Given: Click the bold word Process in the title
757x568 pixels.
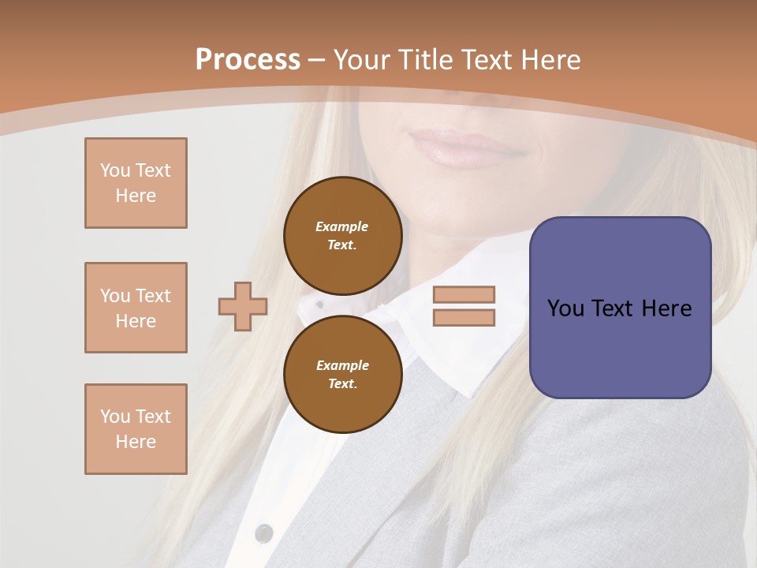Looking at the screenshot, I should [x=248, y=60].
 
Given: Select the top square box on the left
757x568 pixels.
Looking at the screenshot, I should [x=136, y=183].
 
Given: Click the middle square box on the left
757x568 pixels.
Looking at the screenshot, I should [x=136, y=308].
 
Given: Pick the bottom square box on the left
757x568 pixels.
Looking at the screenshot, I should [x=136, y=429].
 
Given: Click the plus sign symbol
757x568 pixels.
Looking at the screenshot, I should [x=243, y=306].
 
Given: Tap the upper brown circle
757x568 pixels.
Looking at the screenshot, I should [x=342, y=236].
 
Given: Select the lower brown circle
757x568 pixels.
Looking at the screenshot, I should [x=342, y=374].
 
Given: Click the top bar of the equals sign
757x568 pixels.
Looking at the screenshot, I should [x=464, y=294].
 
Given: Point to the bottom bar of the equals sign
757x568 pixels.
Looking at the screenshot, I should [x=464, y=317].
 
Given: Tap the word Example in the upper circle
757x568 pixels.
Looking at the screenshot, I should [x=342, y=227].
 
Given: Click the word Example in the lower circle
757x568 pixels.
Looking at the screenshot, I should [x=342, y=366].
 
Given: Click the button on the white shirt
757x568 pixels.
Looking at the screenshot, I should [x=264, y=533].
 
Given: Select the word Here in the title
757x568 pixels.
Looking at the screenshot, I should [x=549, y=60].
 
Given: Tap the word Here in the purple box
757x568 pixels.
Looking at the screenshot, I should [x=666, y=308].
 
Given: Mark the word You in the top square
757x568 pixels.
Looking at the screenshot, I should [x=114, y=170].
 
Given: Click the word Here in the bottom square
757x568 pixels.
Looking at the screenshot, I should [x=136, y=442].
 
